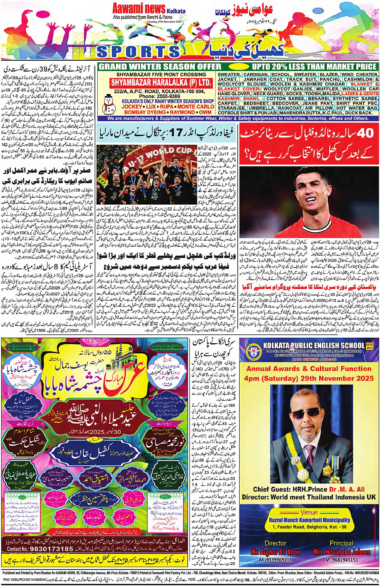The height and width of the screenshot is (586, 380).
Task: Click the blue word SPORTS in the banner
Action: click(139, 51)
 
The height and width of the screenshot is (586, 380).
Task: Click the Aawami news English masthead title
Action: click(139, 8)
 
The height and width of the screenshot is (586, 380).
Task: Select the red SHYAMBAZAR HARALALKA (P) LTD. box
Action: click(161, 83)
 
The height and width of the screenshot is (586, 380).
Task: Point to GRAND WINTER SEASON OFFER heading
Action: click(160, 67)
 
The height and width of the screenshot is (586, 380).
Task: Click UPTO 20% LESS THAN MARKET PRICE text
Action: click(314, 67)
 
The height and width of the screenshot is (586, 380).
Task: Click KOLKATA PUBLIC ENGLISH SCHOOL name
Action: click(314, 345)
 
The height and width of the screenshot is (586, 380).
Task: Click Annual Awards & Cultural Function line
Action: click(309, 369)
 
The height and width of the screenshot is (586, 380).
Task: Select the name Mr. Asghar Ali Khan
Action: click(275, 552)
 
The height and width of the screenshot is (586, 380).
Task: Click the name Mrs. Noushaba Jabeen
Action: click(341, 552)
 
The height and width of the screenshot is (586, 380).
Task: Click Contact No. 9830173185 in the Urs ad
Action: click(40, 549)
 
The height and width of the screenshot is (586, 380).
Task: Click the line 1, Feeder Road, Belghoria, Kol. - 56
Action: click(309, 527)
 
